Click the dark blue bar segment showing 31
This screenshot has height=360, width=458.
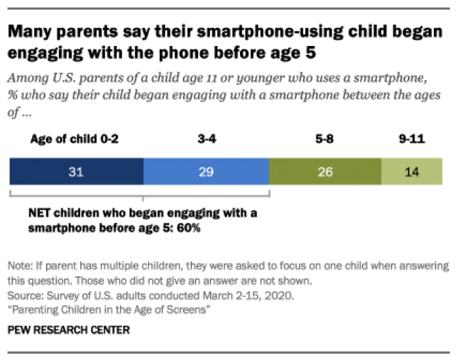[76, 172]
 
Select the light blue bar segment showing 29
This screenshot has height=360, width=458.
[206, 172]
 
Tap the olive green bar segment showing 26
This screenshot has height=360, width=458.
[324, 172]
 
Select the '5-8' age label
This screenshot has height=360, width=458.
[324, 139]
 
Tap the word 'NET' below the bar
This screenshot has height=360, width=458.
[36, 213]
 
